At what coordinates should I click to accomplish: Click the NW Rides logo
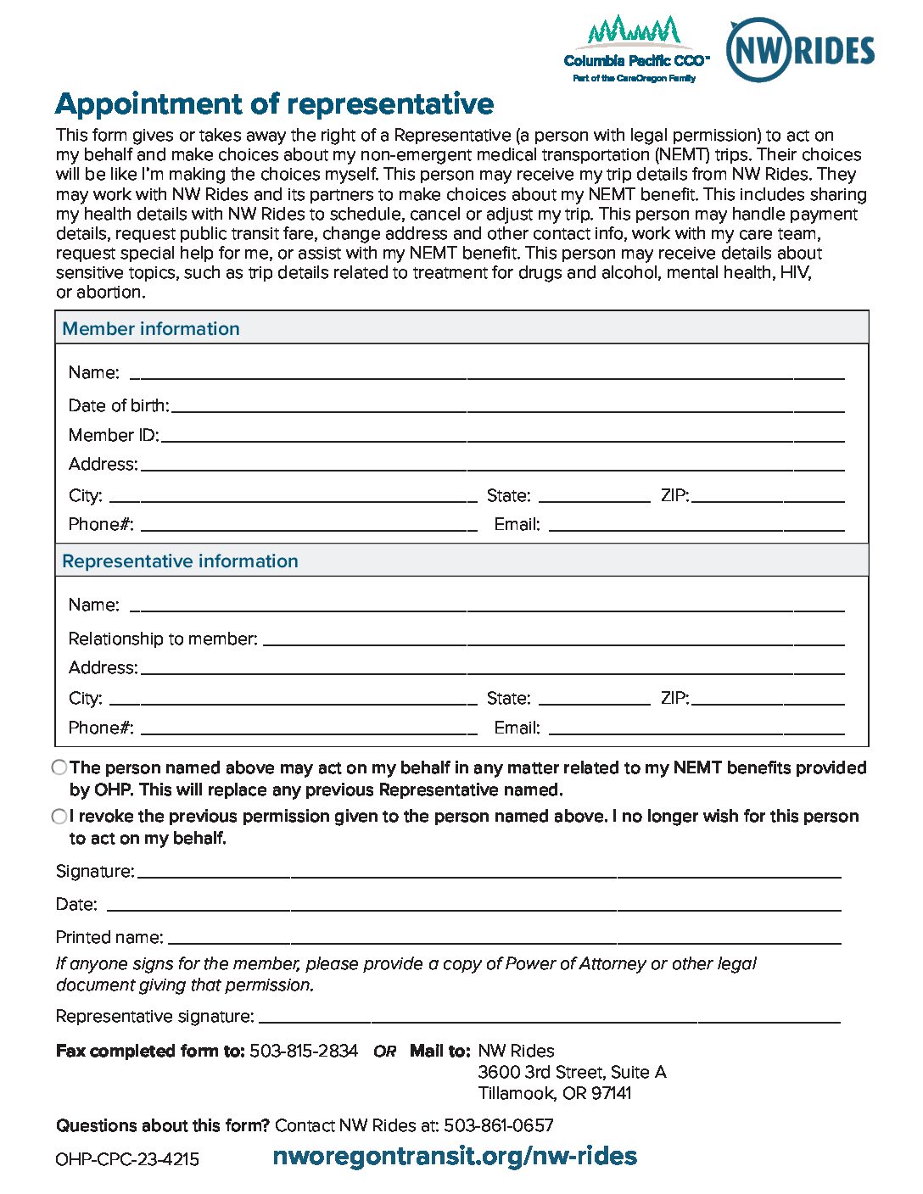click(800, 50)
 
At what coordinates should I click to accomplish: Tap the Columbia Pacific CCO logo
click(636, 49)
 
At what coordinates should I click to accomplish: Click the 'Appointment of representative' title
click(274, 103)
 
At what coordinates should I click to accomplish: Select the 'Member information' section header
click(151, 328)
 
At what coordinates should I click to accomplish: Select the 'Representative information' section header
click(180, 561)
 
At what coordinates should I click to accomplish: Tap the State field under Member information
click(594, 496)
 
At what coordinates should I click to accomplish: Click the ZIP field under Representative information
click(768, 699)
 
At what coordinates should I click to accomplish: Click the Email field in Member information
click(696, 525)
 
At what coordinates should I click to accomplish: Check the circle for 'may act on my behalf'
click(59, 767)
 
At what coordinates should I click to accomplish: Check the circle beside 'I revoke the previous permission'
click(59, 816)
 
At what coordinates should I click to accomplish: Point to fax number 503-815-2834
click(304, 1051)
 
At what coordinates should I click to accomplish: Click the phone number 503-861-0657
click(498, 1125)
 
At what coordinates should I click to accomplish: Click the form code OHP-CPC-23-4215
click(127, 1159)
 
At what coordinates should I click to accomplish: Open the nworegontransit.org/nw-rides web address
click(455, 1156)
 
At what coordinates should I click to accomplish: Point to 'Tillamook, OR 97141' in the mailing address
click(555, 1093)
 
